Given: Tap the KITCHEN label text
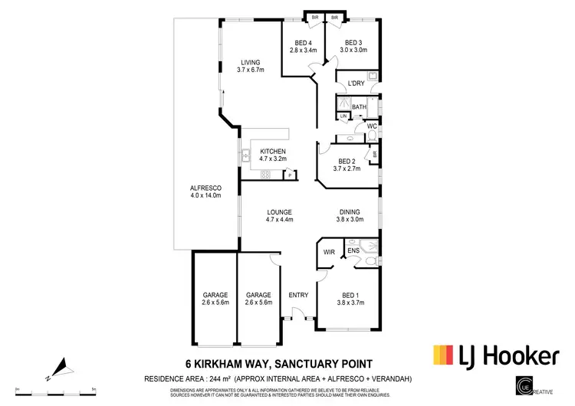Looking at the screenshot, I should coord(272,152).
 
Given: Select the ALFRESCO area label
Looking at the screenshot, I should coord(205,188).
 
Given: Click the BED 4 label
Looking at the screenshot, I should coord(304,43).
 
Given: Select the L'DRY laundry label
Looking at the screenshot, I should coord(355,83).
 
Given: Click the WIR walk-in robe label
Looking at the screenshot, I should coord(330,250).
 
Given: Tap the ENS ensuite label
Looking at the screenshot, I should coord(354,250).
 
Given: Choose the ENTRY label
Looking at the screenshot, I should coord(298,294).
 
